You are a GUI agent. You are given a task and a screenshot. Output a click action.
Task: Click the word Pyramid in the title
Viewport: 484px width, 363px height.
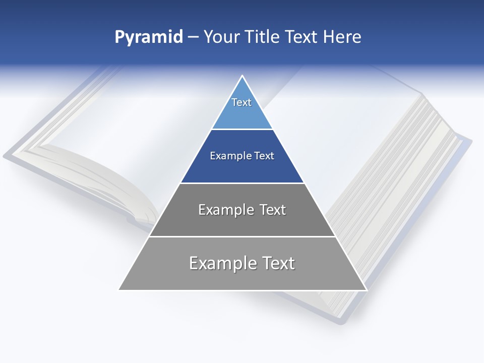point(149,37)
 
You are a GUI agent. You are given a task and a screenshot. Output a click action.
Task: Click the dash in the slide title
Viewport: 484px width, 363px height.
point(193,37)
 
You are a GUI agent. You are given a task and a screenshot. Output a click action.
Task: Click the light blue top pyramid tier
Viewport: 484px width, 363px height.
point(242,113)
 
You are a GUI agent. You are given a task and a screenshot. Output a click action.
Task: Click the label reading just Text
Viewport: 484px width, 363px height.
point(241,102)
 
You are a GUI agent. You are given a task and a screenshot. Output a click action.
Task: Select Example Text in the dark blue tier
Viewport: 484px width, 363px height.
point(242,156)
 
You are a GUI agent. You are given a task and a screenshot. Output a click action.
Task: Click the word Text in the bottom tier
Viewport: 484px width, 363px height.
point(278,263)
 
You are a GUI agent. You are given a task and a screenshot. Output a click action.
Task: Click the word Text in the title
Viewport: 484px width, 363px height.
point(302,37)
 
